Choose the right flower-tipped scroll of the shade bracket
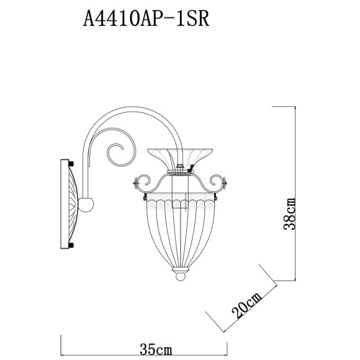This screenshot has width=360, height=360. coord(222,182)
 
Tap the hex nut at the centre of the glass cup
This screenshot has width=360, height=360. coord(179,166)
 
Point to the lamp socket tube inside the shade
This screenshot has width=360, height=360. coord(179,189)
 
